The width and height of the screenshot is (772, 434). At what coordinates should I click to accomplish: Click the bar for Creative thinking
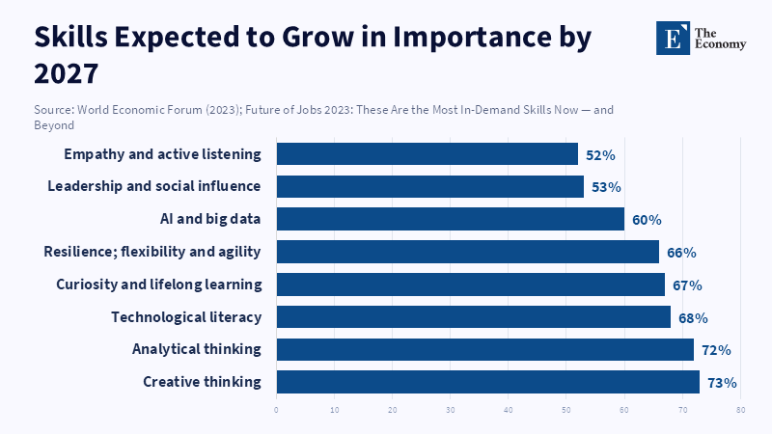coord(487,382)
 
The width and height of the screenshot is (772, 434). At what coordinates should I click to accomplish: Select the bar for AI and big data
coord(450,219)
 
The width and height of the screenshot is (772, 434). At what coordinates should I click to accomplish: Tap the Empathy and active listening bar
coord(427,154)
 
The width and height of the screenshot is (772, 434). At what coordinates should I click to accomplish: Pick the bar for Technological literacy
coord(473,317)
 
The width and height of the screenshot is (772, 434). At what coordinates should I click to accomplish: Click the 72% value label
coord(716,350)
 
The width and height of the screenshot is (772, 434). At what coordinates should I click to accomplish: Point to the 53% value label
coord(606,187)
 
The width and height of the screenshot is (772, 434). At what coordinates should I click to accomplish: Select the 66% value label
coord(681,253)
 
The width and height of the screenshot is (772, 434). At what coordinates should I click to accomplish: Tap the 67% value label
coord(687,285)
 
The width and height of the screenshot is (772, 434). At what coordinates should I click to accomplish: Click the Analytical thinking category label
coord(197,349)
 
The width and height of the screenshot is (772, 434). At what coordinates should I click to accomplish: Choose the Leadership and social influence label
coord(154,186)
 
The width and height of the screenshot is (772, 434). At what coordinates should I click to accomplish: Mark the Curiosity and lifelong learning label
coord(159,285)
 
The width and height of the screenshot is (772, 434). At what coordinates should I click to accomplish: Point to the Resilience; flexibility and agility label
coord(152,252)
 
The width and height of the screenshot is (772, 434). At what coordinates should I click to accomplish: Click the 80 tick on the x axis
coord(740,410)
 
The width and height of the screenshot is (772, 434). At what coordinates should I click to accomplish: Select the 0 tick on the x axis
coord(276,410)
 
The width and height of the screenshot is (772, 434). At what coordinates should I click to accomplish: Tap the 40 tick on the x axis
coord(509,410)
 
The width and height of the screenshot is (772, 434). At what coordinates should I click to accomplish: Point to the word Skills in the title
coord(73,38)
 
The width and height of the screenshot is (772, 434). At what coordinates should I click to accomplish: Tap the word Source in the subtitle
coord(55,110)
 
